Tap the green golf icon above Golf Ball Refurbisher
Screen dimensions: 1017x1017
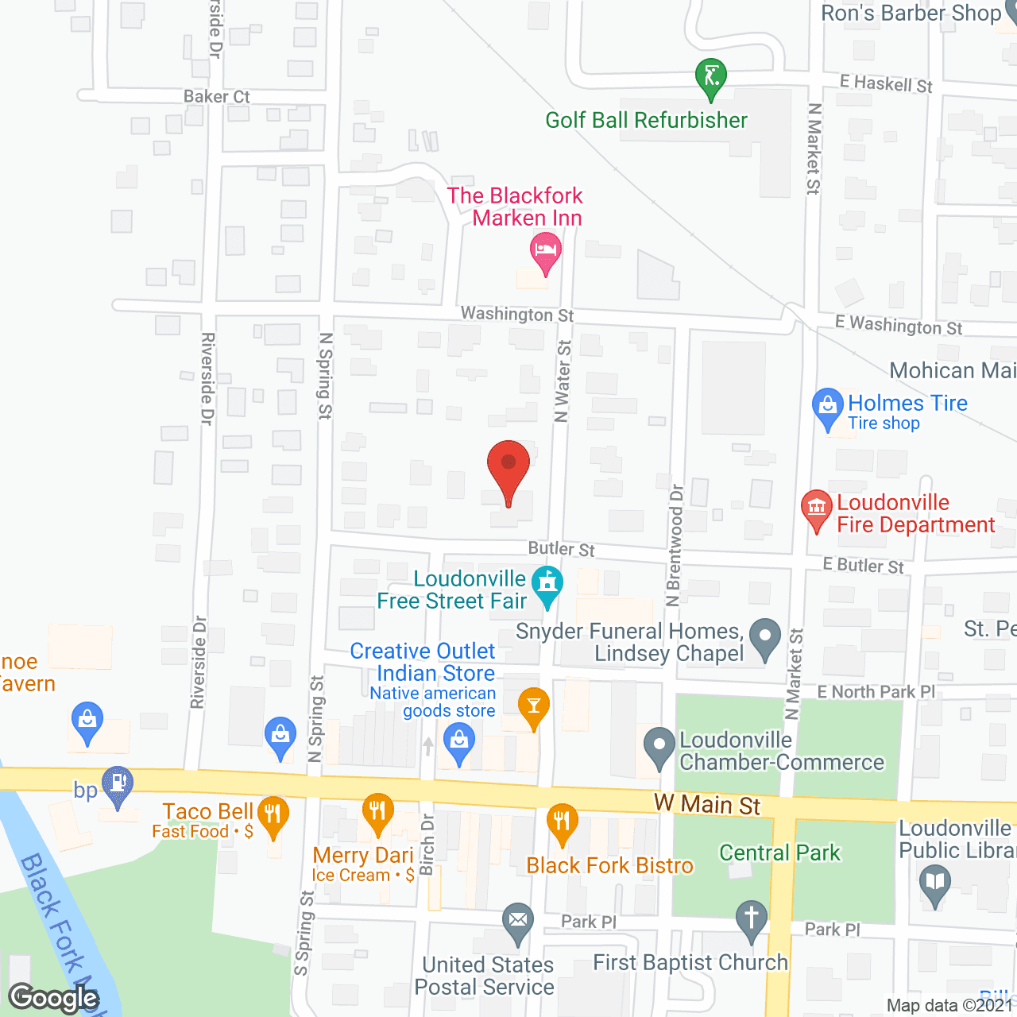(x=711, y=78)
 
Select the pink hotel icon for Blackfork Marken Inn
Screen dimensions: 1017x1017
(x=545, y=252)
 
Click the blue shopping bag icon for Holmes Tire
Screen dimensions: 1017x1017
(x=827, y=407)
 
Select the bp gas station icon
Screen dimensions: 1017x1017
(x=118, y=784)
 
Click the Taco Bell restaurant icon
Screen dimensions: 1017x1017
(x=273, y=815)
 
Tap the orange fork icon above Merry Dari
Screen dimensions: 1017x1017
(x=378, y=812)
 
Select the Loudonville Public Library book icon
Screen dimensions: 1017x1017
(x=935, y=883)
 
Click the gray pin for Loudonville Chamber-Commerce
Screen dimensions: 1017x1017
(x=659, y=747)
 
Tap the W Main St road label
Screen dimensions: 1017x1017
(x=707, y=805)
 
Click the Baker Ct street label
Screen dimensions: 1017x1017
(x=216, y=97)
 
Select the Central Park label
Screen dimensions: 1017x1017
(x=779, y=853)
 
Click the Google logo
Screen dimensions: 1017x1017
(x=54, y=997)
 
